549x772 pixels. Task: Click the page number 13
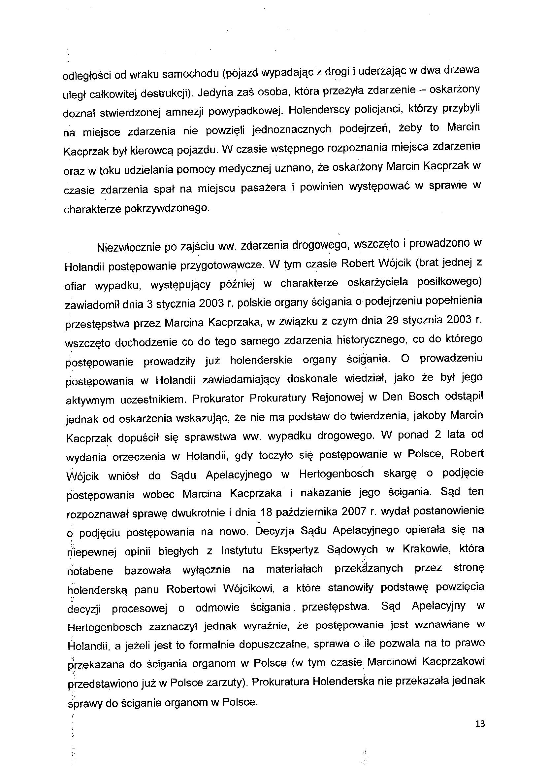(480, 723)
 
